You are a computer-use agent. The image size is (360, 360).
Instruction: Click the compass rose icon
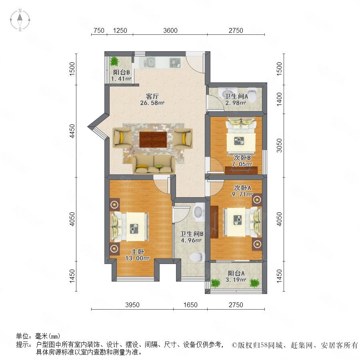[20, 20]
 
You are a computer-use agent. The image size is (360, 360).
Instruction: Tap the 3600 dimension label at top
[170, 30]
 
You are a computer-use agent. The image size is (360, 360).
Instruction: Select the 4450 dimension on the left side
[72, 131]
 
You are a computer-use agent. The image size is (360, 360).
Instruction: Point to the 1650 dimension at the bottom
[190, 305]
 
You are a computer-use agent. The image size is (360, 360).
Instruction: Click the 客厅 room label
[152, 96]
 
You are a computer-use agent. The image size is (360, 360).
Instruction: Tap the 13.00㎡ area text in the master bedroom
[137, 258]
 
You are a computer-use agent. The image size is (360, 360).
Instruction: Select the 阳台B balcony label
[121, 72]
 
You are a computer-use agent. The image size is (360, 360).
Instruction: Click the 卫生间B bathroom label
[192, 234]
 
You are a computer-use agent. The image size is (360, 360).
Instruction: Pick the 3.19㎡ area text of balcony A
[236, 280]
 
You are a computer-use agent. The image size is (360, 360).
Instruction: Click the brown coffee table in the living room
[153, 139]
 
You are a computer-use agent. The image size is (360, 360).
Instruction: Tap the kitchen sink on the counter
[149, 62]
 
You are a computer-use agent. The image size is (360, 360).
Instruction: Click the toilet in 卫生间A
[252, 95]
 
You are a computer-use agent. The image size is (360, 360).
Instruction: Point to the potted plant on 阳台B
[114, 61]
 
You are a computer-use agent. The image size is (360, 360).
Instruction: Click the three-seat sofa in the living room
[153, 164]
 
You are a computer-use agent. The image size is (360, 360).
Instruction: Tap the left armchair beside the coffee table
[122, 138]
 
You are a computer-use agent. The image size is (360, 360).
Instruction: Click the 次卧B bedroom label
[242, 158]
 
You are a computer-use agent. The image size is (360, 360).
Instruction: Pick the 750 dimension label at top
[99, 30]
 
